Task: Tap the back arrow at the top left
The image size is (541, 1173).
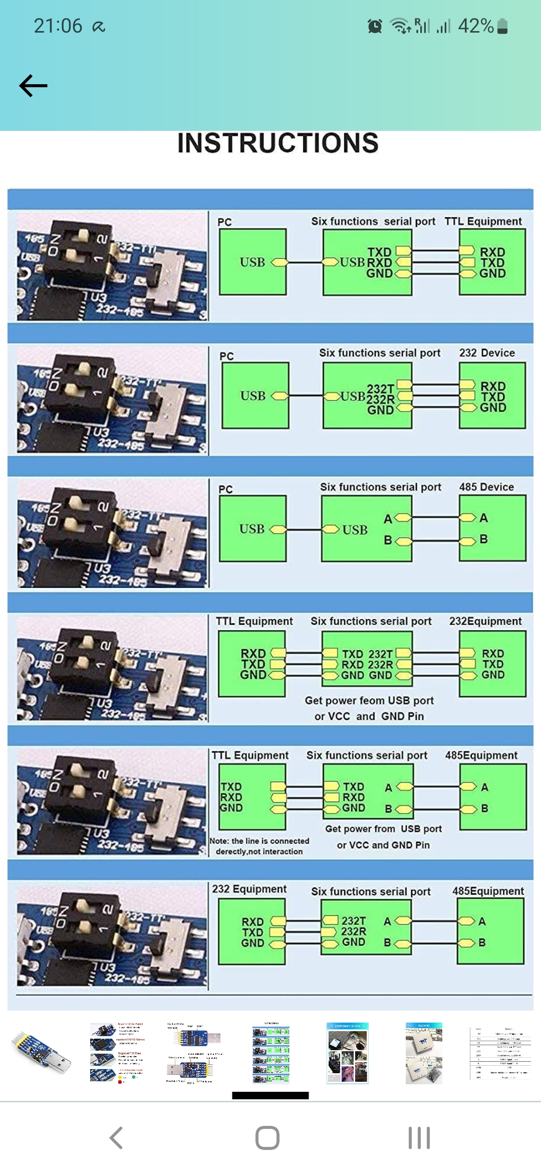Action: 33,86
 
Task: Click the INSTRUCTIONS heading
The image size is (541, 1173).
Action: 278,143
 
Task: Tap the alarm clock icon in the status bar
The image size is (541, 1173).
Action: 375,26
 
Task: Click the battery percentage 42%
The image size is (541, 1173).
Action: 475,26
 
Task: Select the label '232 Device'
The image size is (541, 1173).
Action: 487,353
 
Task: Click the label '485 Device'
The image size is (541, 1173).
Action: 486,487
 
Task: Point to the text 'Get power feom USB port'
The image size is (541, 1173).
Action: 369,701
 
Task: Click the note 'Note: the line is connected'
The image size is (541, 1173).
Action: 259,841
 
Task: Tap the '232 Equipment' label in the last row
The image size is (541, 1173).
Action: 249,889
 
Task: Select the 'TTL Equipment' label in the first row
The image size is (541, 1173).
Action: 483,222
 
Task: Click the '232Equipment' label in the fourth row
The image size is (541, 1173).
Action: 485,622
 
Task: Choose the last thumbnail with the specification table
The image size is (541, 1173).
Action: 500,1053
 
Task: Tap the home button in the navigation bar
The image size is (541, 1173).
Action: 267,1138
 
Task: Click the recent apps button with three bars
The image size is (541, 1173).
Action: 419,1138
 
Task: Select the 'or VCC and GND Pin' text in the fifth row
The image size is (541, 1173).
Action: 383,845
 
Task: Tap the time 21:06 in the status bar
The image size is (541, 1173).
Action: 58,26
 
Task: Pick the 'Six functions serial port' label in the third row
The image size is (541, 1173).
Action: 381,487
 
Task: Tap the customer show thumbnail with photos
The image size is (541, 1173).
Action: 348,1053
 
